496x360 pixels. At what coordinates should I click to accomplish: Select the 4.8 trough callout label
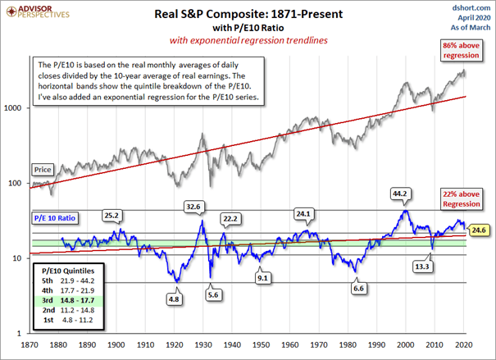[x=174, y=300]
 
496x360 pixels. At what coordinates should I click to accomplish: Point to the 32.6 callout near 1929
[x=193, y=207]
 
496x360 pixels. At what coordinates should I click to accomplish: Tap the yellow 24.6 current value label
[x=479, y=231]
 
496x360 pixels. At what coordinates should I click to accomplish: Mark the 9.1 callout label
[x=262, y=278]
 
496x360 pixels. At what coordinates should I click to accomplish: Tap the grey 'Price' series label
[x=43, y=169]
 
